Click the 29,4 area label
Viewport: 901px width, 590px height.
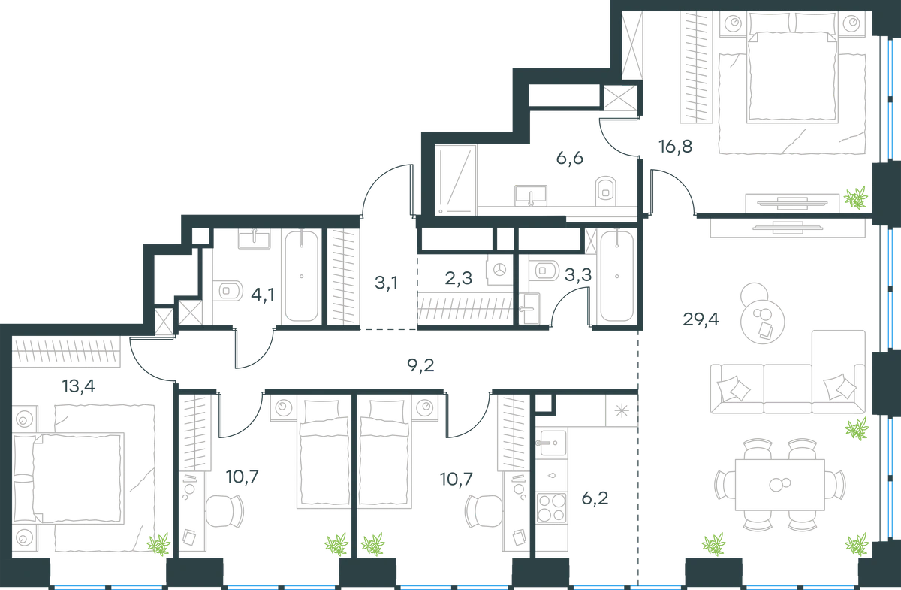pyautogui.click(x=701, y=319)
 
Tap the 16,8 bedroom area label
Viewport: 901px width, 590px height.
pyautogui.click(x=675, y=147)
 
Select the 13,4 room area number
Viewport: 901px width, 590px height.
pyautogui.click(x=78, y=386)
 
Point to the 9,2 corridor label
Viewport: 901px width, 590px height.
pyautogui.click(x=420, y=365)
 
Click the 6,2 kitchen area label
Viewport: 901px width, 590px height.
pyautogui.click(x=595, y=498)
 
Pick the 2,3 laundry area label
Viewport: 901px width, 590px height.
pyautogui.click(x=459, y=278)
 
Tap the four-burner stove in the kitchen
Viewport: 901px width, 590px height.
pyautogui.click(x=551, y=508)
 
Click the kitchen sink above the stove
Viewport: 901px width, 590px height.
pyautogui.click(x=551, y=443)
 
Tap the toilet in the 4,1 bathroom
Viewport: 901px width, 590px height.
pyautogui.click(x=228, y=290)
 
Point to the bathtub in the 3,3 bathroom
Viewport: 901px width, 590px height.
pyautogui.click(x=617, y=277)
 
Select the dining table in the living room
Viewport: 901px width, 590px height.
pyautogui.click(x=780, y=485)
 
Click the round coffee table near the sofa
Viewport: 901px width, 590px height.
pyautogui.click(x=763, y=322)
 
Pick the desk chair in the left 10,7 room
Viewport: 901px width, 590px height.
pyautogui.click(x=224, y=511)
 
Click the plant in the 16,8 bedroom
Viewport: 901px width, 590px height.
pyautogui.click(x=855, y=198)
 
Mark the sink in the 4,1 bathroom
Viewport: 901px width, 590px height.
pyautogui.click(x=255, y=239)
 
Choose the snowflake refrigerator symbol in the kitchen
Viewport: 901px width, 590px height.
pyautogui.click(x=622, y=411)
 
